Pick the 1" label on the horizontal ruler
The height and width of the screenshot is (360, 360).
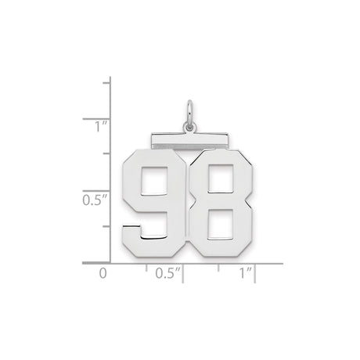tap(246, 275)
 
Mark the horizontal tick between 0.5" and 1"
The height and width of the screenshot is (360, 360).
tap(220, 267)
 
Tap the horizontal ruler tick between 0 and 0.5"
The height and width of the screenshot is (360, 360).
tap(146, 267)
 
